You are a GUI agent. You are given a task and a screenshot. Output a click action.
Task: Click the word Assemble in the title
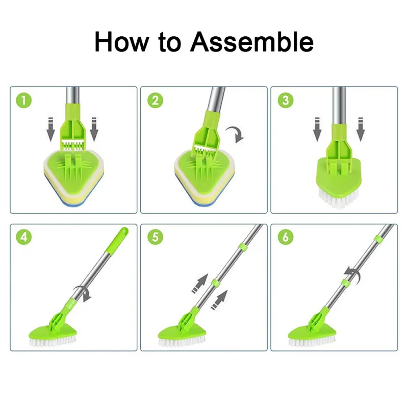251,42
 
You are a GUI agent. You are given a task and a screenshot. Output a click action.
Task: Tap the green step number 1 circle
23,100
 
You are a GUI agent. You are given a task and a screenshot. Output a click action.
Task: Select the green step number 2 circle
156,100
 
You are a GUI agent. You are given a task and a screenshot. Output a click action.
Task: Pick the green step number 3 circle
286,100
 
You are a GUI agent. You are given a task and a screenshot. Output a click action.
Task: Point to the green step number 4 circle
23,237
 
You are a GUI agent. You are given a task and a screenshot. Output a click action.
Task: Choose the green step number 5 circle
156,237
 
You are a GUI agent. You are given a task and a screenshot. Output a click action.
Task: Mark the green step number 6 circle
286,237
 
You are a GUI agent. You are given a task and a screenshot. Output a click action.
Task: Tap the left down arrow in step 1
50,130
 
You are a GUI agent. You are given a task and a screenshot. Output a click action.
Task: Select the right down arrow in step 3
361,130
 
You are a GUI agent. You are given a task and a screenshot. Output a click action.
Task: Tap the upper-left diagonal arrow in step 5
200,284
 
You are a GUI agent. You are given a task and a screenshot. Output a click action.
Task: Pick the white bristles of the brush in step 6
312,342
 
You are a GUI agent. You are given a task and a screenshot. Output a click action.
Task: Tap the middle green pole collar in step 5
216,283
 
